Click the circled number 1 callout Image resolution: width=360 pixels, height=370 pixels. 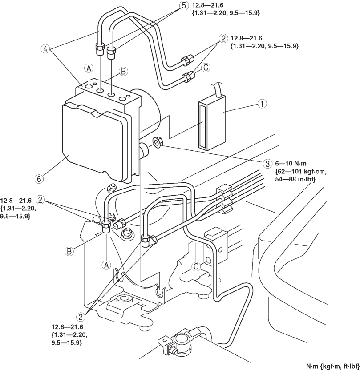point(262,104)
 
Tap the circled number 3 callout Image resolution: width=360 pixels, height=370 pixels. point(267,164)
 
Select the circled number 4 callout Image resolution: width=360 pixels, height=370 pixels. point(45,49)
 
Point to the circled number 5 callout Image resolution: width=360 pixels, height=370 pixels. point(184,6)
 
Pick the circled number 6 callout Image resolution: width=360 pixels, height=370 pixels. point(39,179)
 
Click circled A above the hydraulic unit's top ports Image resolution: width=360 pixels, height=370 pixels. point(89,68)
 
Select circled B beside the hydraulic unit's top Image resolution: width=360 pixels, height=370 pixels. point(123,71)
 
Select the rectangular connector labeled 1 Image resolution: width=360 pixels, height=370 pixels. point(212,122)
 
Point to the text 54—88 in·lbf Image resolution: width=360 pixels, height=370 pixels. point(295,179)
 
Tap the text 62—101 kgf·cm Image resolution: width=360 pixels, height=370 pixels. point(301,171)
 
